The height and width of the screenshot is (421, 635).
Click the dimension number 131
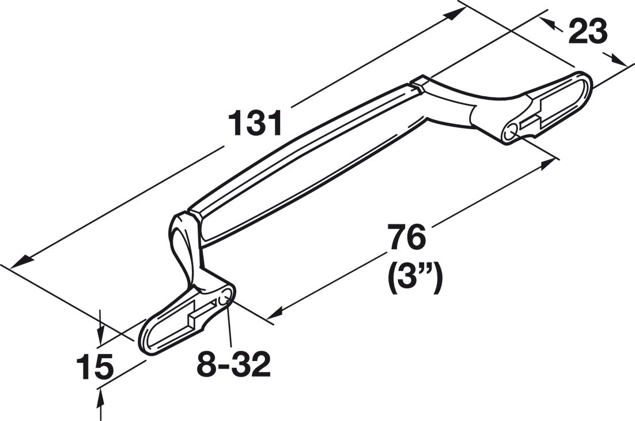pos(255,123)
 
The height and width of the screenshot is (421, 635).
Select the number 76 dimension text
pos(407,237)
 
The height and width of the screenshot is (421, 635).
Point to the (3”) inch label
pos(414,279)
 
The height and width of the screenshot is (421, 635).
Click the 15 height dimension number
pos(95,366)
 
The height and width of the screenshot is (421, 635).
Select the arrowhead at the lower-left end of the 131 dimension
pos(20,262)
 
